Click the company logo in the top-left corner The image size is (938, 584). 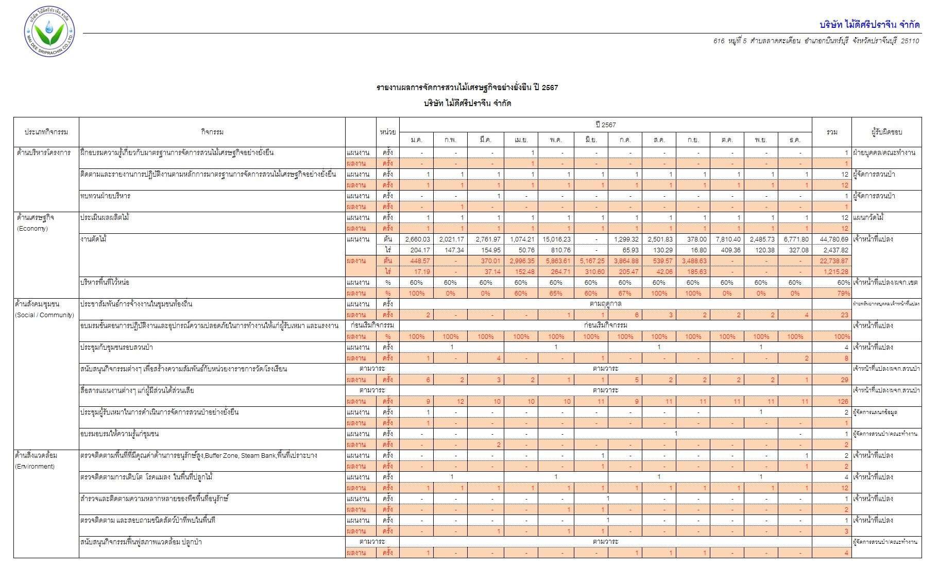tap(49, 32)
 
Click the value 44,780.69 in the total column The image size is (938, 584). tap(834, 239)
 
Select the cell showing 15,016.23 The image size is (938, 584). tap(556, 239)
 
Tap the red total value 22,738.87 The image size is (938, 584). tap(834, 261)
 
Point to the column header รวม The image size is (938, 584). tap(831, 132)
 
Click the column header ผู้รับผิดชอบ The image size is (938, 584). tap(886, 132)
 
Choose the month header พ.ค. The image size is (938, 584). tap(556, 140)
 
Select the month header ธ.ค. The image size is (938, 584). tap(795, 140)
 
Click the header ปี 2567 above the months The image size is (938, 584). tap(605, 125)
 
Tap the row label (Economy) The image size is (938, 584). tap(32, 229)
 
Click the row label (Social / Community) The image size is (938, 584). tap(45, 315)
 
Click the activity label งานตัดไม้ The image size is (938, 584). tap(93, 239)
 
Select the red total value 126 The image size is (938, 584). tap(843, 402)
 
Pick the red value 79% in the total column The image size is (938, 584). tap(843, 294)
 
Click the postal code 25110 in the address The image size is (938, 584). tap(910, 41)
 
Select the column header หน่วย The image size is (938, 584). tap(388, 132)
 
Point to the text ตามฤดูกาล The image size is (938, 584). tap(605, 304)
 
